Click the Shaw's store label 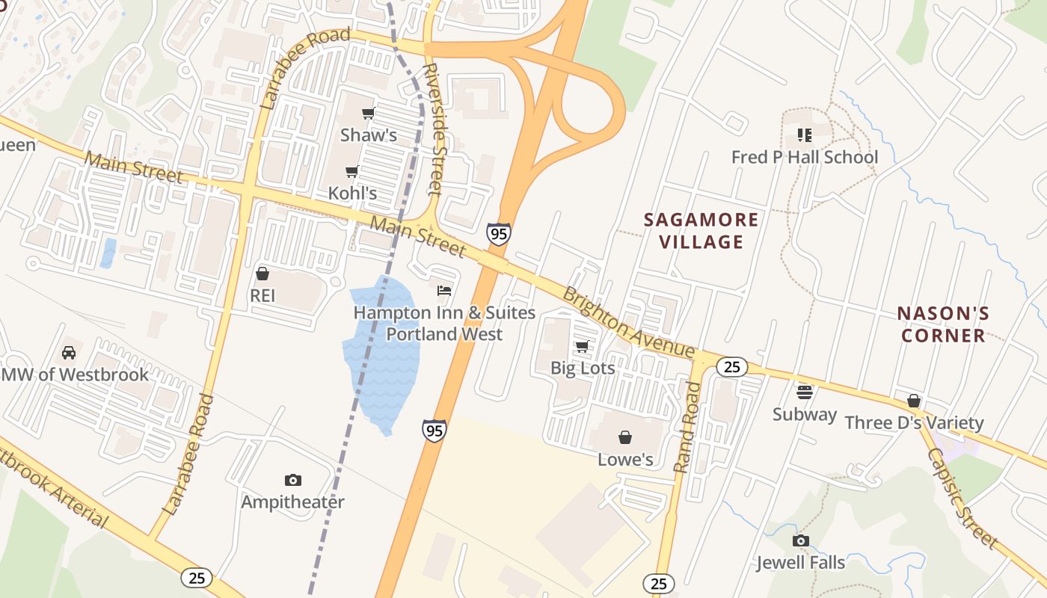(368, 135)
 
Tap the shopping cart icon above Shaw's (368, 114)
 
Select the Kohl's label (352, 193)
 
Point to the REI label (262, 295)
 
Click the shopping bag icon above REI (262, 274)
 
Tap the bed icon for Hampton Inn (444, 290)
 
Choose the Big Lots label (583, 368)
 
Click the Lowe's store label (625, 459)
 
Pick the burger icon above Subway (805, 392)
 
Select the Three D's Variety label (914, 423)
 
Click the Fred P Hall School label (805, 157)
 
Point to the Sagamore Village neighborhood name (701, 230)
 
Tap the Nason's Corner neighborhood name (943, 324)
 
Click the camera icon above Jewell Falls (801, 540)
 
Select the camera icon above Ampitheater (293, 480)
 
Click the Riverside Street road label (433, 129)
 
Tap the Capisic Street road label (962, 498)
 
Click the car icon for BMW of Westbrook (69, 352)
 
